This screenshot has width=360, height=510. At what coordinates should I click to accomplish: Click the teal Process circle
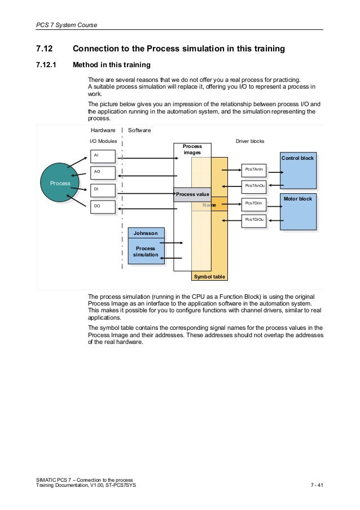point(60,183)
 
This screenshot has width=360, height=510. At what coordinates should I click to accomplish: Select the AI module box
point(103,156)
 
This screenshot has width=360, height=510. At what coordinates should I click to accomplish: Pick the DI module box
point(103,190)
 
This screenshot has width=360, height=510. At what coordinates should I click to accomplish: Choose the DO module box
point(103,207)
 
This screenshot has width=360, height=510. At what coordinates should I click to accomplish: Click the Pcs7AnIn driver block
point(253,169)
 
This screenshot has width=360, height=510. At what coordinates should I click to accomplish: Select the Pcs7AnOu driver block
point(253,186)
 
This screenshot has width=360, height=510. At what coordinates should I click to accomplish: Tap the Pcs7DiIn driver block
point(253,203)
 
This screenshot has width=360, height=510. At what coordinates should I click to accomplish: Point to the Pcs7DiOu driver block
point(253,220)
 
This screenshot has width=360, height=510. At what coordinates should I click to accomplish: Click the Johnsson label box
point(146,233)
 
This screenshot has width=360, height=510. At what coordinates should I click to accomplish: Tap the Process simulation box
point(146,252)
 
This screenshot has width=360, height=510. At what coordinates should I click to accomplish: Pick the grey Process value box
point(192,194)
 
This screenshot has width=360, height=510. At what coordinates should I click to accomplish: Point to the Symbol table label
point(209,277)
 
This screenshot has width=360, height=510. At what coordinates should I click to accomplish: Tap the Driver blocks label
point(249,141)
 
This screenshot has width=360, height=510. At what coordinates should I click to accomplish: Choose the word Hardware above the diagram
point(103,130)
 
